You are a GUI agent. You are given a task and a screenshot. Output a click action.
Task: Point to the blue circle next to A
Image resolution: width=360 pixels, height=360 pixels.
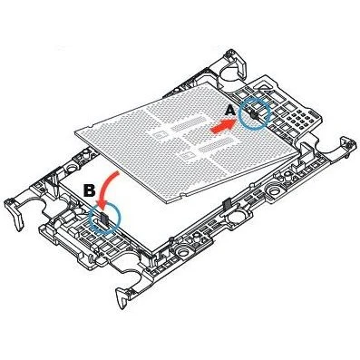point(258,115)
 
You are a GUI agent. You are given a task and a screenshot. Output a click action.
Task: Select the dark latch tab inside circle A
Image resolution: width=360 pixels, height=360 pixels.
point(256,115)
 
